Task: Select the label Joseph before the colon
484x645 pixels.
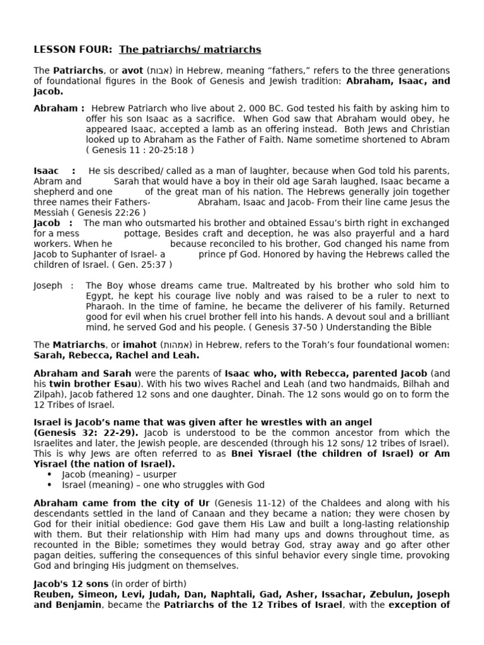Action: pos(48,285)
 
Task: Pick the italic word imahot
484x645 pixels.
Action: pos(141,345)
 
